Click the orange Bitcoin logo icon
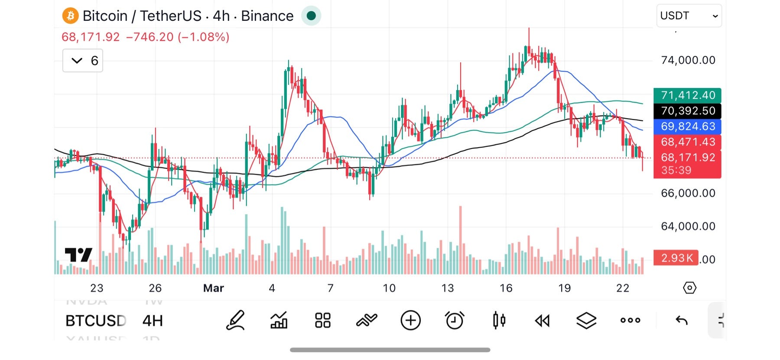pyautogui.click(x=70, y=16)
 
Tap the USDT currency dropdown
pyautogui.click(x=689, y=16)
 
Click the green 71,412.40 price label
pyautogui.click(x=687, y=95)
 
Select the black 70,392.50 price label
pyautogui.click(x=687, y=111)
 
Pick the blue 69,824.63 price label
pyautogui.click(x=687, y=126)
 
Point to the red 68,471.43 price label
pyautogui.click(x=687, y=142)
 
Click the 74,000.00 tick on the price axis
pyautogui.click(x=688, y=60)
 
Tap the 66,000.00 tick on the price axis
pyautogui.click(x=688, y=193)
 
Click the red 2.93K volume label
pyautogui.click(x=676, y=258)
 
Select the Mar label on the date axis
pyautogui.click(x=213, y=288)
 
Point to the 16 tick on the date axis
pyautogui.click(x=506, y=288)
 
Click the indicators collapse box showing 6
pyautogui.click(x=83, y=61)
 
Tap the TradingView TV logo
pyautogui.click(x=78, y=255)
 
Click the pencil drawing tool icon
pyautogui.click(x=236, y=321)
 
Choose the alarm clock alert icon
pyautogui.click(x=455, y=321)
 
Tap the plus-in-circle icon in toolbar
pyautogui.click(x=410, y=321)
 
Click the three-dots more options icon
pyautogui.click(x=630, y=321)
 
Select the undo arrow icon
pyautogui.click(x=682, y=321)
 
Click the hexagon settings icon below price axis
pyautogui.click(x=689, y=288)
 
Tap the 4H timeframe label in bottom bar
pyautogui.click(x=153, y=321)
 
